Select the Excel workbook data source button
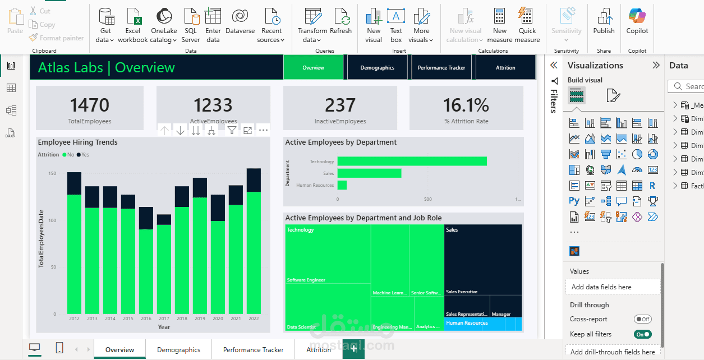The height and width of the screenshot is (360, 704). tap(133, 25)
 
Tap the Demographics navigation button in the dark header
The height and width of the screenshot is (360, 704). tap(377, 68)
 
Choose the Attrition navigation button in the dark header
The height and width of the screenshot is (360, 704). tap(505, 68)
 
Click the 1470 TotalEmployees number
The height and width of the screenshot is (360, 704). tap(90, 105)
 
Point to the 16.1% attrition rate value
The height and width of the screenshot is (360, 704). tap(466, 105)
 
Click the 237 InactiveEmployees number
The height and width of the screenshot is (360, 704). tap(340, 105)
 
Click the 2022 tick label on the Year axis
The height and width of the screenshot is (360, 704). tap(254, 319)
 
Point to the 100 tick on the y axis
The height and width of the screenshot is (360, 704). tap(52, 220)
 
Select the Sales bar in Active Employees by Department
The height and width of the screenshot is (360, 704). tap(369, 173)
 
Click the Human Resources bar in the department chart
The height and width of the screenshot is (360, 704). tap(342, 185)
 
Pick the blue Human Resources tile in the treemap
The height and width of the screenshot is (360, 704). tap(483, 324)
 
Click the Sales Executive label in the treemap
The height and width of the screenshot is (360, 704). tap(462, 292)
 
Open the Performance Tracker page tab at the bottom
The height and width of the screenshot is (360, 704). tap(253, 350)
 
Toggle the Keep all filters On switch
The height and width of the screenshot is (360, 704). tap(643, 334)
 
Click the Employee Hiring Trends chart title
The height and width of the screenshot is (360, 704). tap(77, 142)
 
